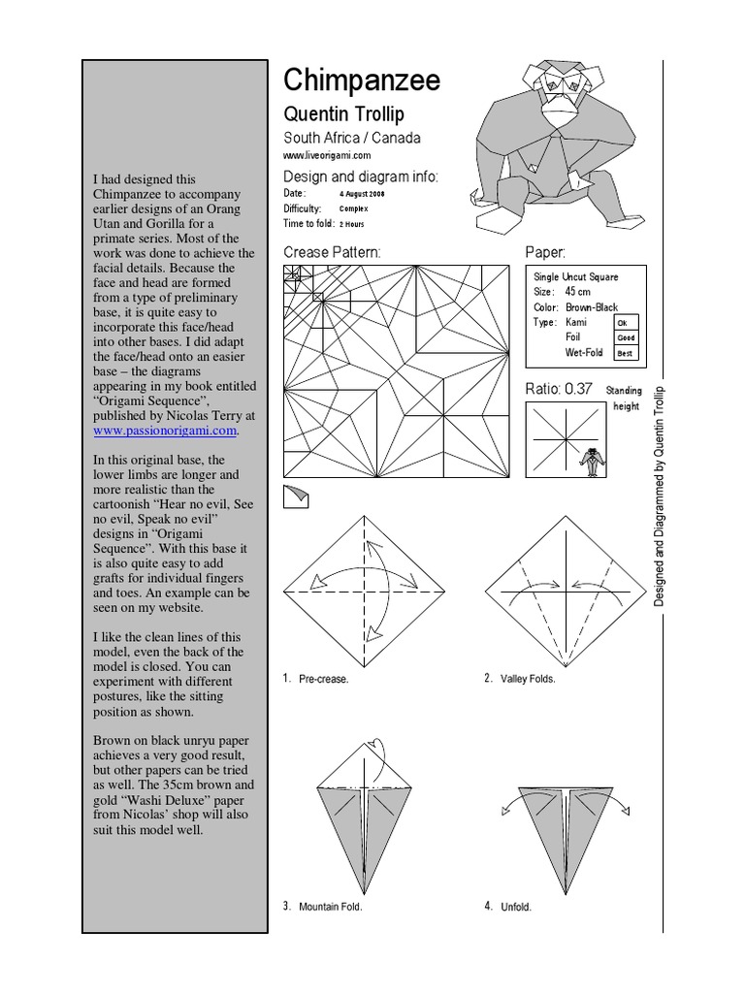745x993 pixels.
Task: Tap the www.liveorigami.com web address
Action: [327, 155]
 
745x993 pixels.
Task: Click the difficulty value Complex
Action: [353, 208]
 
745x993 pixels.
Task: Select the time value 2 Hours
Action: [350, 223]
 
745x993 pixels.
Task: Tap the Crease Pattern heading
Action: [332, 252]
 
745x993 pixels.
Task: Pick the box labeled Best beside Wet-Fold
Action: [626, 354]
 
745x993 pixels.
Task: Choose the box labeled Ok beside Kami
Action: [624, 323]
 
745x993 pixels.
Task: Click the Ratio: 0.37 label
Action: [558, 389]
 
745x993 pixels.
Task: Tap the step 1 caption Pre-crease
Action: [323, 680]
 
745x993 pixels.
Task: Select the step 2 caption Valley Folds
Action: [528, 680]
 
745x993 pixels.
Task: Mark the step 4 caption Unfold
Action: [515, 908]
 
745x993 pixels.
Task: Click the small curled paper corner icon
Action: [295, 497]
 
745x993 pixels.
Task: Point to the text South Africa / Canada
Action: [351, 138]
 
